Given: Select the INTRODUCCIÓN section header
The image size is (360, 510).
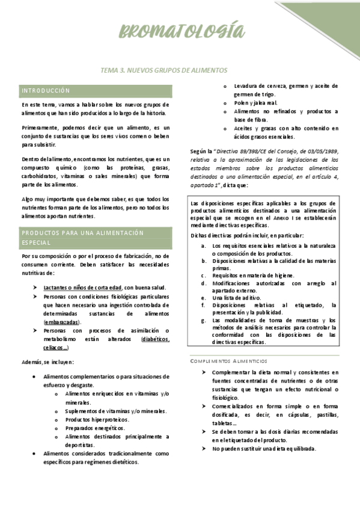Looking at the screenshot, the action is tap(46, 90).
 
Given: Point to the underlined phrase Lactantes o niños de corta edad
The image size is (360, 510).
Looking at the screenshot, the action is tap(83, 287).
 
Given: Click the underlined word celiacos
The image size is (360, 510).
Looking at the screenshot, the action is tap(55, 348).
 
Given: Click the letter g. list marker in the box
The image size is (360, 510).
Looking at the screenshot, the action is tap(204, 321).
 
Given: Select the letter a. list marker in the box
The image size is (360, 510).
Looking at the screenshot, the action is tap(204, 246).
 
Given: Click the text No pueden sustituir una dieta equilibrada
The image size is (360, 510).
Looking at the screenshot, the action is tap(264, 449).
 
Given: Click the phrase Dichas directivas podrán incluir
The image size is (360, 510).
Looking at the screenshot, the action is tap(228, 235).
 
